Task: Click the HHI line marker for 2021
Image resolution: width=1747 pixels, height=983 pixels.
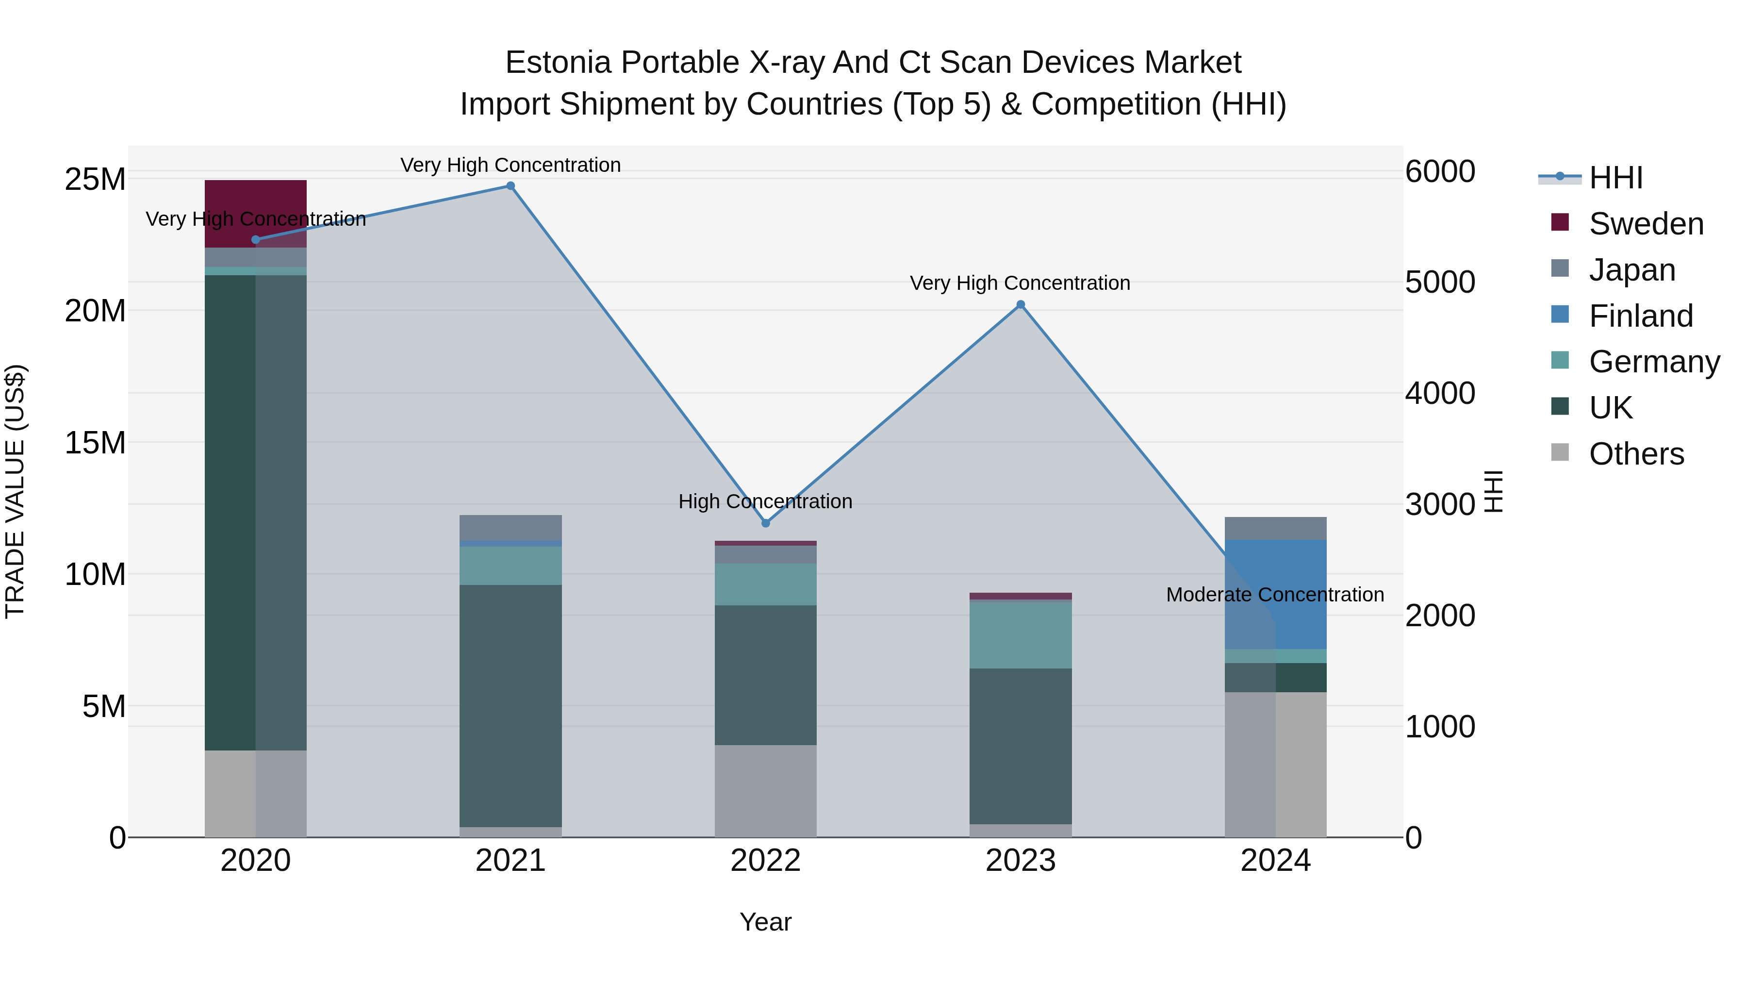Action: coord(511,186)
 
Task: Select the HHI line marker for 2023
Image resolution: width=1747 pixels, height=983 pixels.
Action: coord(1021,304)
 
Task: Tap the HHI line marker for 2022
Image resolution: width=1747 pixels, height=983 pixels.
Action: coord(766,523)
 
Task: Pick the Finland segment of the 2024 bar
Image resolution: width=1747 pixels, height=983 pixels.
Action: coord(1276,594)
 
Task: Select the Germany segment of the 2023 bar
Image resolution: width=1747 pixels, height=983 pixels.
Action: coord(1021,635)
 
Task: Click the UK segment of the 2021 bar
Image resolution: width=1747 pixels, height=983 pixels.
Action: coord(511,705)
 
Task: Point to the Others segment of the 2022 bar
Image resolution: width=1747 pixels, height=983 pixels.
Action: coord(766,791)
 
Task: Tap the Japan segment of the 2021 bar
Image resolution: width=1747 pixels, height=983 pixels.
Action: coord(511,527)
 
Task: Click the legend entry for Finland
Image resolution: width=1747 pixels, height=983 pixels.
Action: coord(1641,316)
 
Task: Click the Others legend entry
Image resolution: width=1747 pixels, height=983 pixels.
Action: coord(1636,454)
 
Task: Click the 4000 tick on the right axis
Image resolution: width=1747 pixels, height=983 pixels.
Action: coord(1440,394)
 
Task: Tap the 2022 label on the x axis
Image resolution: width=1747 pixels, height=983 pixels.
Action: coord(766,861)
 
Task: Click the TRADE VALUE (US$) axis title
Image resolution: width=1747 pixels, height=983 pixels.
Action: coord(15,491)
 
